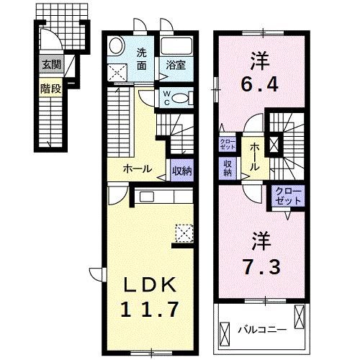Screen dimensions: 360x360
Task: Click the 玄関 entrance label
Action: pos(50,65)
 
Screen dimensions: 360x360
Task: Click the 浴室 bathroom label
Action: pos(176,65)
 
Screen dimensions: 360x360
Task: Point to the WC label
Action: pos(166,97)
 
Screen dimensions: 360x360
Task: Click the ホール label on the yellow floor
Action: pos(137,170)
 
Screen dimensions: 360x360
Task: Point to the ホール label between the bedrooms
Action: pos(256,157)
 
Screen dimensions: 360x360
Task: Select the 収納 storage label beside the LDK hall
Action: pos(181,171)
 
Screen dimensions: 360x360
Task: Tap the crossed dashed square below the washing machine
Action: pos(117,72)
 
